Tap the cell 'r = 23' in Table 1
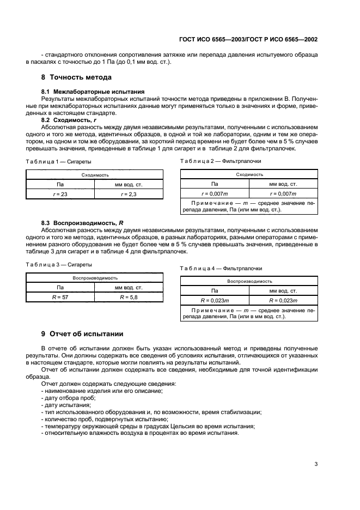tap(60, 194)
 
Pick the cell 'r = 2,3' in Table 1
tap(129, 194)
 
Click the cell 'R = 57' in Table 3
tap(60, 297)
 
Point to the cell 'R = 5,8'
tap(129, 297)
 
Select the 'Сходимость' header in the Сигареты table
tap(94, 175)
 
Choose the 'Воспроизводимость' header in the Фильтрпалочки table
tap(249, 281)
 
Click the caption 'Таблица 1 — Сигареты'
tap(58, 162)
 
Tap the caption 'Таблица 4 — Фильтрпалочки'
tap(221, 268)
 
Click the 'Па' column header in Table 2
tap(215, 184)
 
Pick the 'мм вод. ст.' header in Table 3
tap(129, 287)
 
